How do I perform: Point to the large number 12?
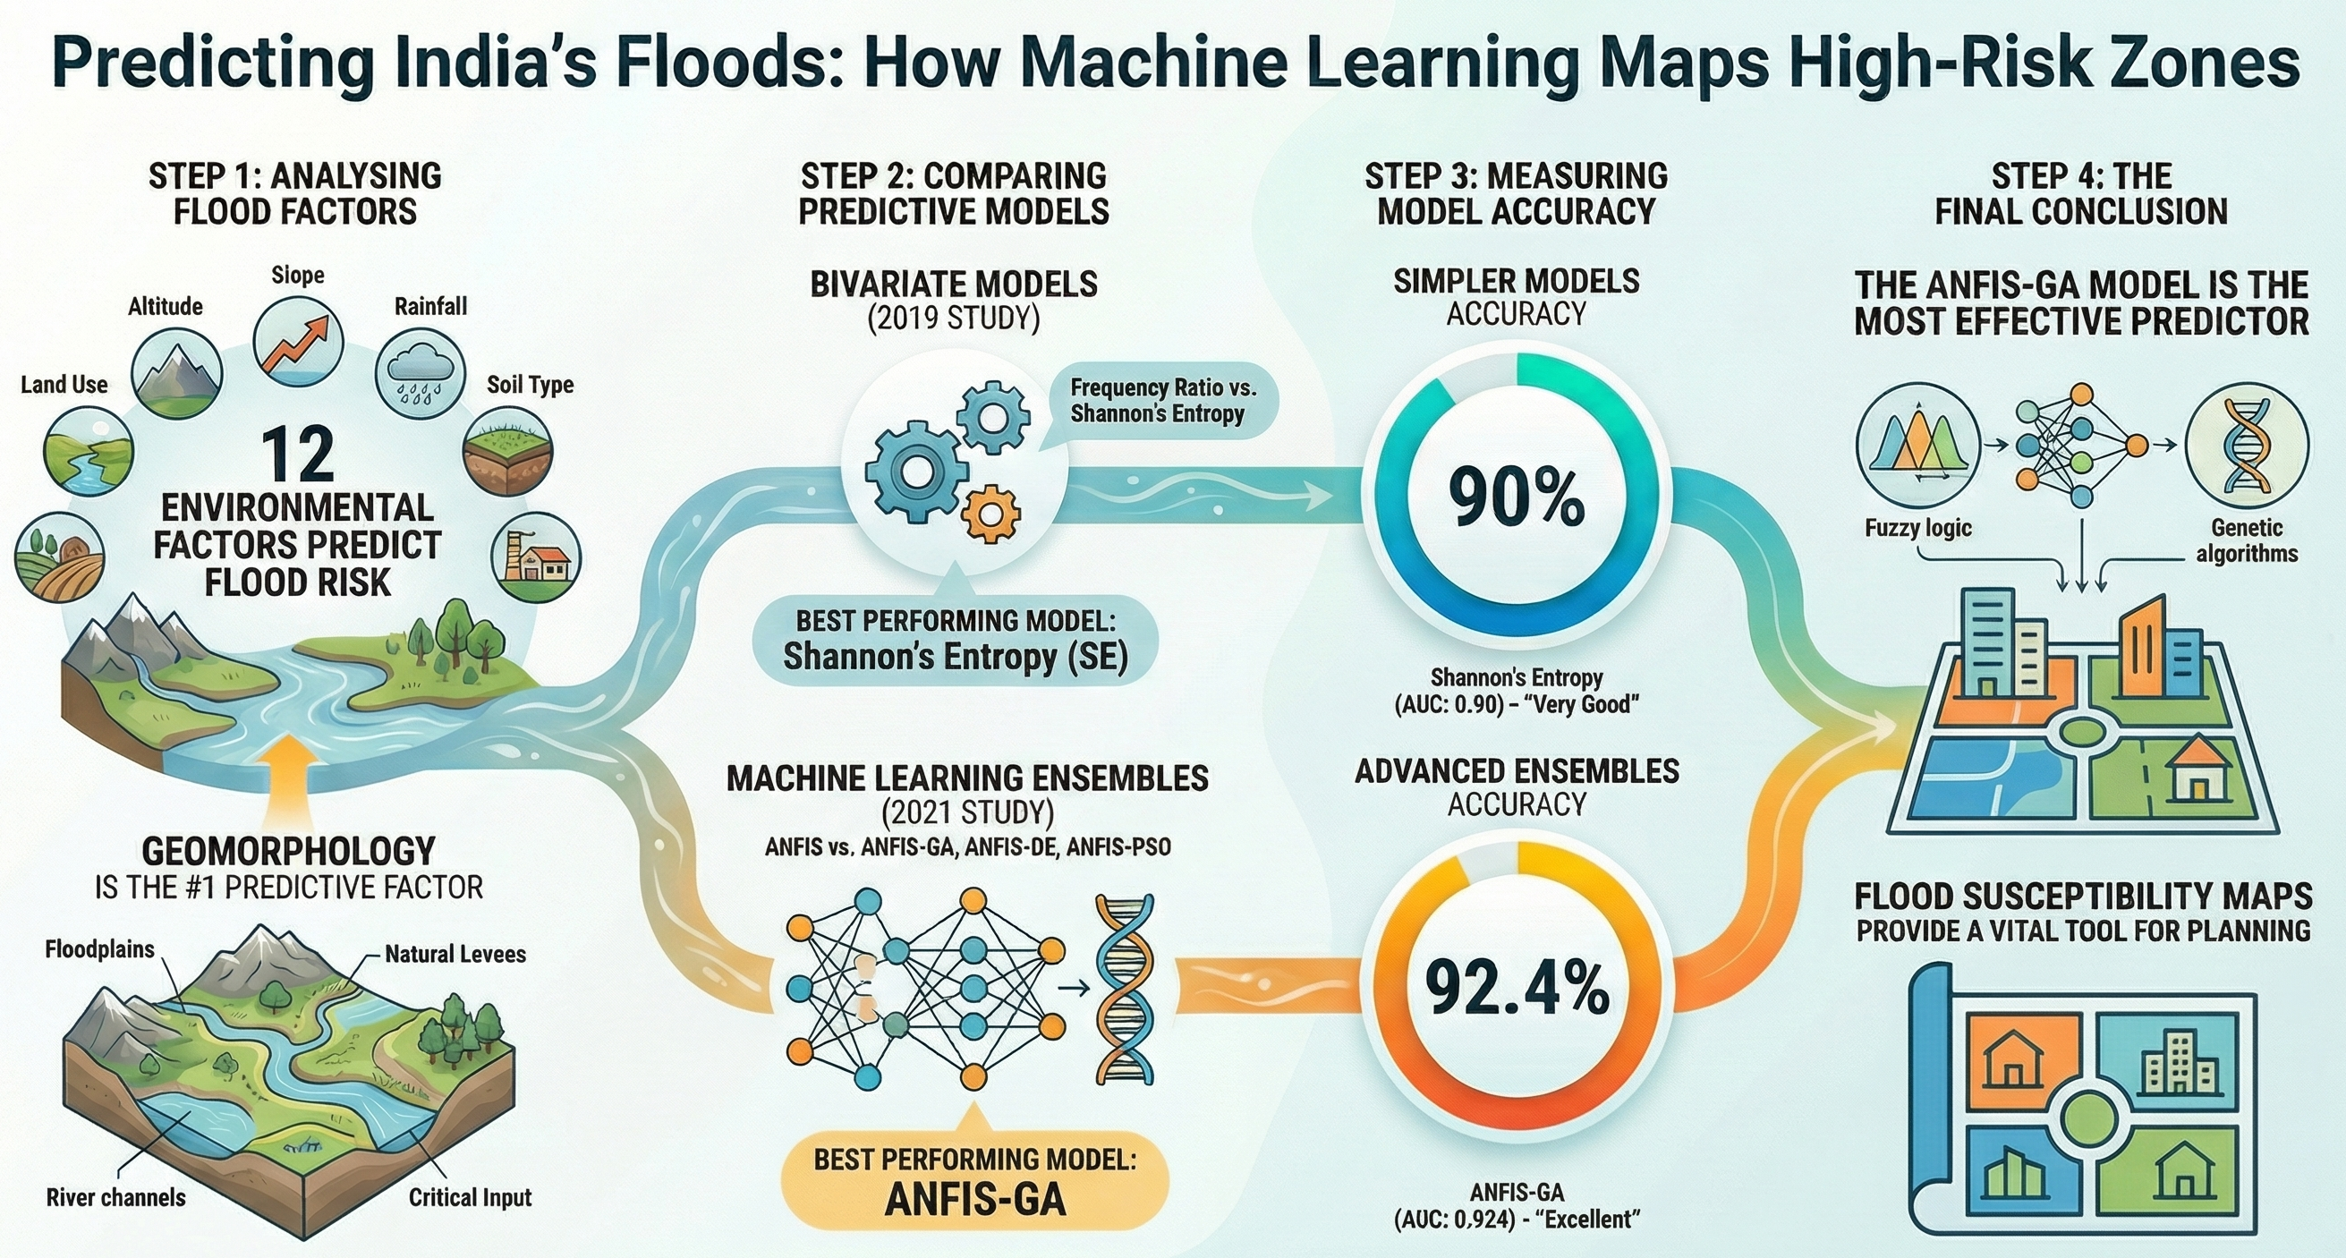297,455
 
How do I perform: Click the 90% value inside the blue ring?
1517,497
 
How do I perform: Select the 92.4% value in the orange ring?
1517,989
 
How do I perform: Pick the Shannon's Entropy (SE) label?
956,656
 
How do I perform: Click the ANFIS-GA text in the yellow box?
975,1199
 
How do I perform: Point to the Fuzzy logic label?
1918,528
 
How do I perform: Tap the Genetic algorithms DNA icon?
2247,445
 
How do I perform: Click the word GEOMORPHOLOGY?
289,852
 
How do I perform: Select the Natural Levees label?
455,954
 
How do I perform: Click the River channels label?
115,1197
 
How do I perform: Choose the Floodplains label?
100,949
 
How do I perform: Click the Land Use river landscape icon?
89,452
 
